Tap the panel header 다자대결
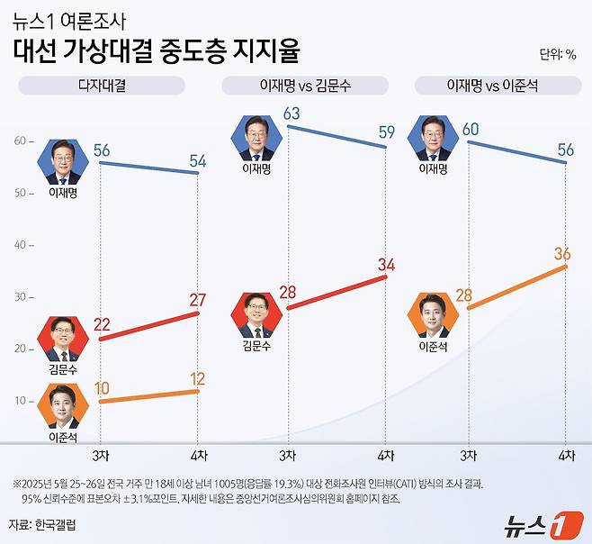click(x=102, y=86)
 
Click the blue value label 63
click(x=292, y=113)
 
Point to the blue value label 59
click(x=387, y=131)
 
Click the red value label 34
click(x=387, y=264)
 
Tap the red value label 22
click(x=103, y=323)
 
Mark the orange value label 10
click(x=103, y=386)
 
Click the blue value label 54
click(x=197, y=160)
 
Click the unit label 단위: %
click(x=558, y=55)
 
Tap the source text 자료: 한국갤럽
click(x=42, y=524)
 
